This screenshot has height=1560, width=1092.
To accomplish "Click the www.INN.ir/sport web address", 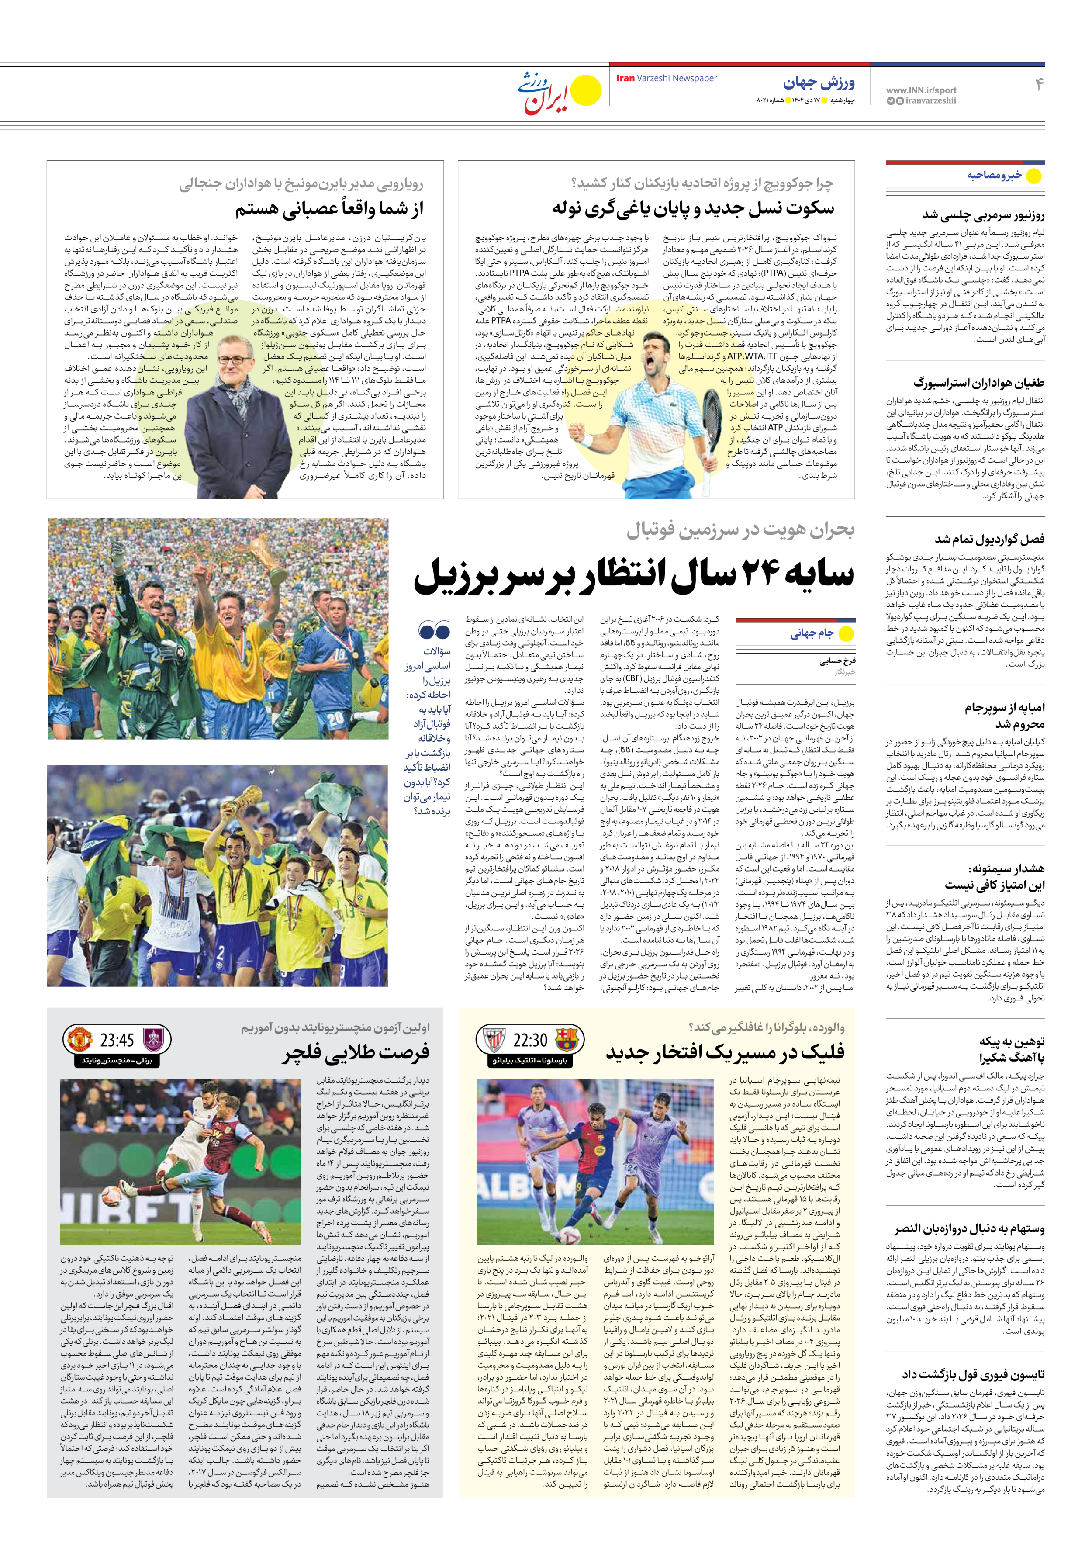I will click(x=921, y=90).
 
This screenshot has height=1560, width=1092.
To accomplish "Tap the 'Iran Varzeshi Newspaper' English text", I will click(x=666, y=78).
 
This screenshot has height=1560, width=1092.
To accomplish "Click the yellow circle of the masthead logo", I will click(x=585, y=90).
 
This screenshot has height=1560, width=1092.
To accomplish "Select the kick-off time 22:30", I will click(x=530, y=1040).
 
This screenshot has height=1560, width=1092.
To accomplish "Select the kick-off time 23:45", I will click(x=117, y=1040).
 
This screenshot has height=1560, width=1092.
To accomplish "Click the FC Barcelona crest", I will click(x=565, y=1040).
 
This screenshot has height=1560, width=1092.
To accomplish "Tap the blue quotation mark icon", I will click(x=434, y=630).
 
